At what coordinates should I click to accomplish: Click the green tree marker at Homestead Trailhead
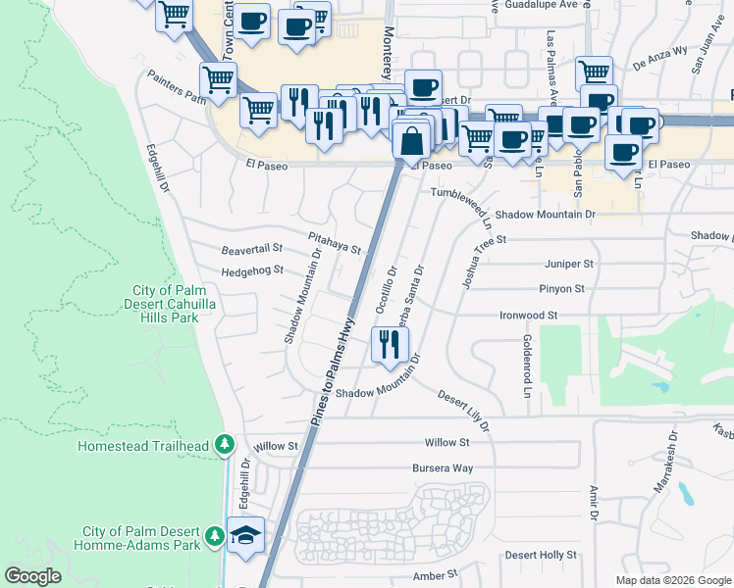[225, 446]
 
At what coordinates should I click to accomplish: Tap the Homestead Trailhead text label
[143, 447]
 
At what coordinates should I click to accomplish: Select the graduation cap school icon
[245, 534]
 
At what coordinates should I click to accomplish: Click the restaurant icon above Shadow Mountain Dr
[390, 344]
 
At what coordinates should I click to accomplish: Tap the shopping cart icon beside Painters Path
[218, 79]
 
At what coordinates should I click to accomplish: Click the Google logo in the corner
[32, 576]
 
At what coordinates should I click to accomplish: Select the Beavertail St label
[251, 250]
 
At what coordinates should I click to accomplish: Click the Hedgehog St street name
[251, 270]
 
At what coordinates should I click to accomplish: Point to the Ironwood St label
[528, 316]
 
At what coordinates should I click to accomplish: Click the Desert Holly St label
[540, 555]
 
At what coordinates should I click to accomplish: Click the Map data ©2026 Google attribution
[673, 580]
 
